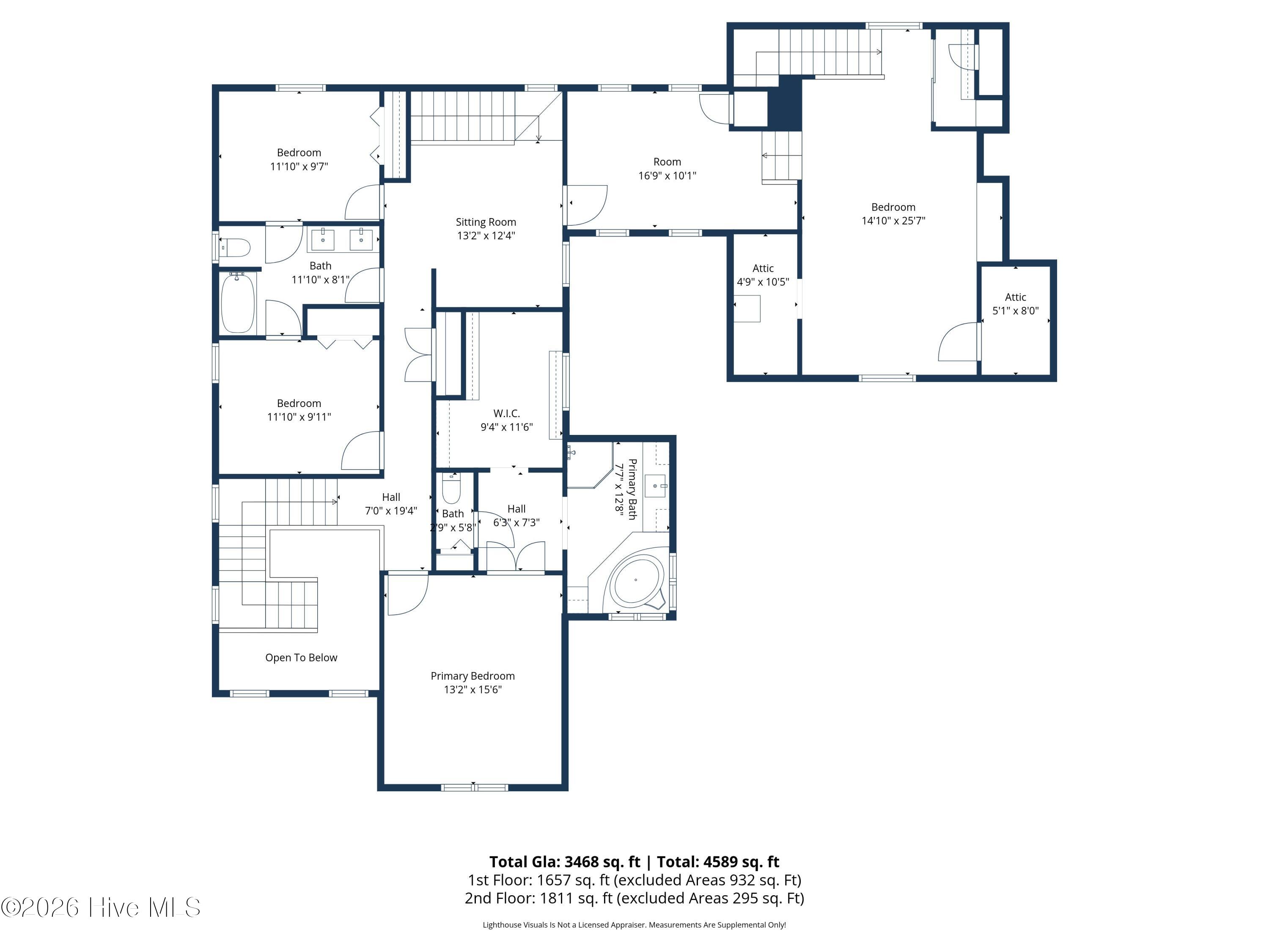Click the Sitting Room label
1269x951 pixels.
[x=486, y=222]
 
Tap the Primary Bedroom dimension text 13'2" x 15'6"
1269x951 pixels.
[x=473, y=690]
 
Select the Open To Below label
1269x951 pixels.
[x=301, y=658]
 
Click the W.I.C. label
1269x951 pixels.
[x=507, y=413]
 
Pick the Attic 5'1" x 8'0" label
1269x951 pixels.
[x=1016, y=304]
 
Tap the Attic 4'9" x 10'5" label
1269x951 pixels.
[x=763, y=275]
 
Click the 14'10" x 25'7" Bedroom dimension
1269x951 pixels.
[x=893, y=221]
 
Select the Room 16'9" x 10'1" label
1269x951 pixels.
[x=667, y=169]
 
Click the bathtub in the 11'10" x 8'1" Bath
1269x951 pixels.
[x=237, y=302]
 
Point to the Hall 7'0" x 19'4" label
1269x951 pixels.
[x=391, y=504]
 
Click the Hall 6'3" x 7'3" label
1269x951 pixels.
[x=516, y=515]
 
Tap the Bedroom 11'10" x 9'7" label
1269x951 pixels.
[x=299, y=159]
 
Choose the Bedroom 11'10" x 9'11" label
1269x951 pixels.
[x=299, y=410]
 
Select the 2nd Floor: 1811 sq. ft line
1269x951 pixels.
[x=634, y=898]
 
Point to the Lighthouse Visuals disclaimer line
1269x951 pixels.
[x=634, y=925]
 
